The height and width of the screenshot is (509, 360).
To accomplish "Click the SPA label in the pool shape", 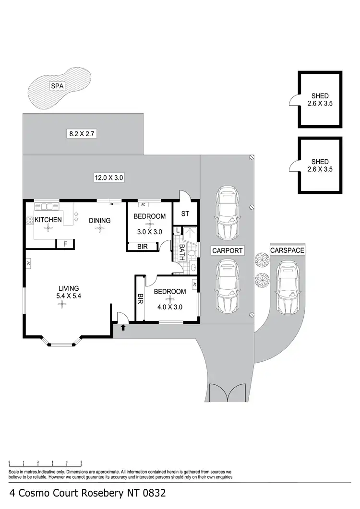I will click(57, 87).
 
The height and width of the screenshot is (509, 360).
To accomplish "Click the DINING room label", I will click(100, 221).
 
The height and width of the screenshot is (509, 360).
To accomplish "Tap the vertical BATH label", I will click(182, 252).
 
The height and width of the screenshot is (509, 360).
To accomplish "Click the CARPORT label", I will click(228, 250).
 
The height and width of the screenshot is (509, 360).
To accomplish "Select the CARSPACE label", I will click(287, 250).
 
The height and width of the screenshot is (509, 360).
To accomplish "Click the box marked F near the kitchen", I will click(65, 244).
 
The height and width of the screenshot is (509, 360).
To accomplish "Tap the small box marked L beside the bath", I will click(178, 231).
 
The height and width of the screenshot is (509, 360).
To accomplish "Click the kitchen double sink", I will click(47, 207).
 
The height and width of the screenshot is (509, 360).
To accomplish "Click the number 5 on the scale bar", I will click(81, 462).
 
